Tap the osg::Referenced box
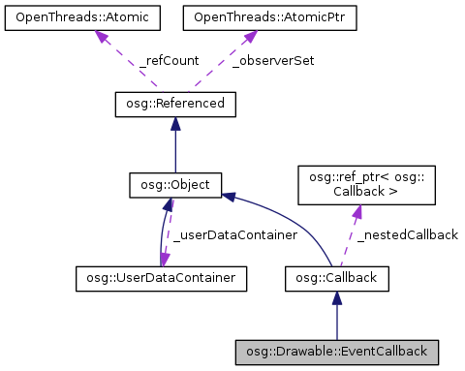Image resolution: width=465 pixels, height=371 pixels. pos(174,104)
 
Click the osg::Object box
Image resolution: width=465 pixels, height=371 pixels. pos(174,183)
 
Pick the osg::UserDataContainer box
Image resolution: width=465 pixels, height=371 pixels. pos(160,279)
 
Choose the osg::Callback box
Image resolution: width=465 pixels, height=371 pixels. pos(336,279)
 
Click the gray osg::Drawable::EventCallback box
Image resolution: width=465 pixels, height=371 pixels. pos(336,349)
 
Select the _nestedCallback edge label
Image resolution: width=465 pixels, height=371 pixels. pos(406,235)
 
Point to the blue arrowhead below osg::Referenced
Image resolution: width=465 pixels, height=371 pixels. pos(174,123)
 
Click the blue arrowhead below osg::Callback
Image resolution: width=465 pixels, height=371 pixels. pos(336,298)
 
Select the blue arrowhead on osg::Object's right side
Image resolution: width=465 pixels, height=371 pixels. pos(229,197)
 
